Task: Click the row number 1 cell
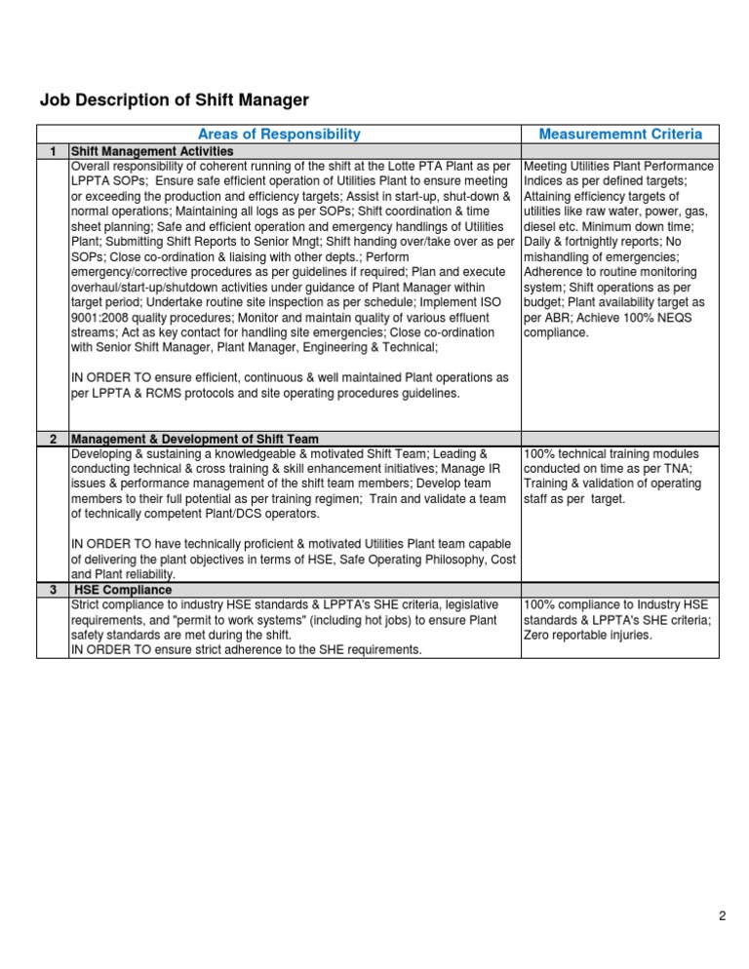pyautogui.click(x=53, y=151)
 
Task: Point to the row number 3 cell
pyautogui.click(x=53, y=590)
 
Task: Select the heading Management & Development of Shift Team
pyautogui.click(x=195, y=439)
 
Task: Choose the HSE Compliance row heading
pyautogui.click(x=124, y=590)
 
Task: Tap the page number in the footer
pyautogui.click(x=722, y=915)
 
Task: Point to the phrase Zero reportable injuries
pyautogui.click(x=591, y=636)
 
